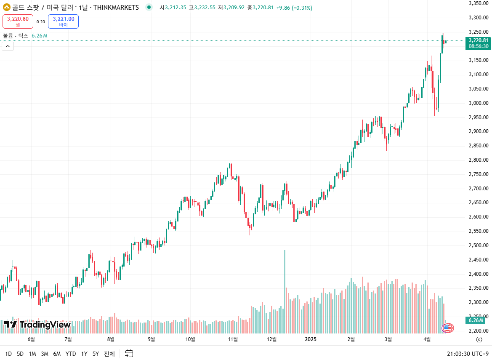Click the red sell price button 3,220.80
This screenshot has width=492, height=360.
[x=18, y=21]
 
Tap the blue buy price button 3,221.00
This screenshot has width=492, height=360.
[x=63, y=21]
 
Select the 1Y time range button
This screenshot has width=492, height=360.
[x=84, y=354]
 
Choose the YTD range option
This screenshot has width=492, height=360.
[x=71, y=354]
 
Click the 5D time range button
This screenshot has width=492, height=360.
[x=20, y=354]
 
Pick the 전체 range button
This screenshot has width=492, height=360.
[x=109, y=354]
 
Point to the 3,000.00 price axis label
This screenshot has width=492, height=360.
[x=478, y=103]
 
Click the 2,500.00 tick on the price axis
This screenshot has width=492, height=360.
[x=478, y=245]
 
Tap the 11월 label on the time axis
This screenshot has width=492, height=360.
[x=233, y=339]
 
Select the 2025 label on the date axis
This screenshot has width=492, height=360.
[x=311, y=339]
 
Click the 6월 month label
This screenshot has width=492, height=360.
[x=31, y=339]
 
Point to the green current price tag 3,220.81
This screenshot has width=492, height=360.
[x=478, y=43]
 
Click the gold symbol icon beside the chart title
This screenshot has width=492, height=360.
[x=7, y=8]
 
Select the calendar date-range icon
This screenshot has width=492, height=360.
[x=129, y=354]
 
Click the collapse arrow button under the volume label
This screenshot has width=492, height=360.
[x=8, y=46]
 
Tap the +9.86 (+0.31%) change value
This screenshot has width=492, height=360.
[x=294, y=8]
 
